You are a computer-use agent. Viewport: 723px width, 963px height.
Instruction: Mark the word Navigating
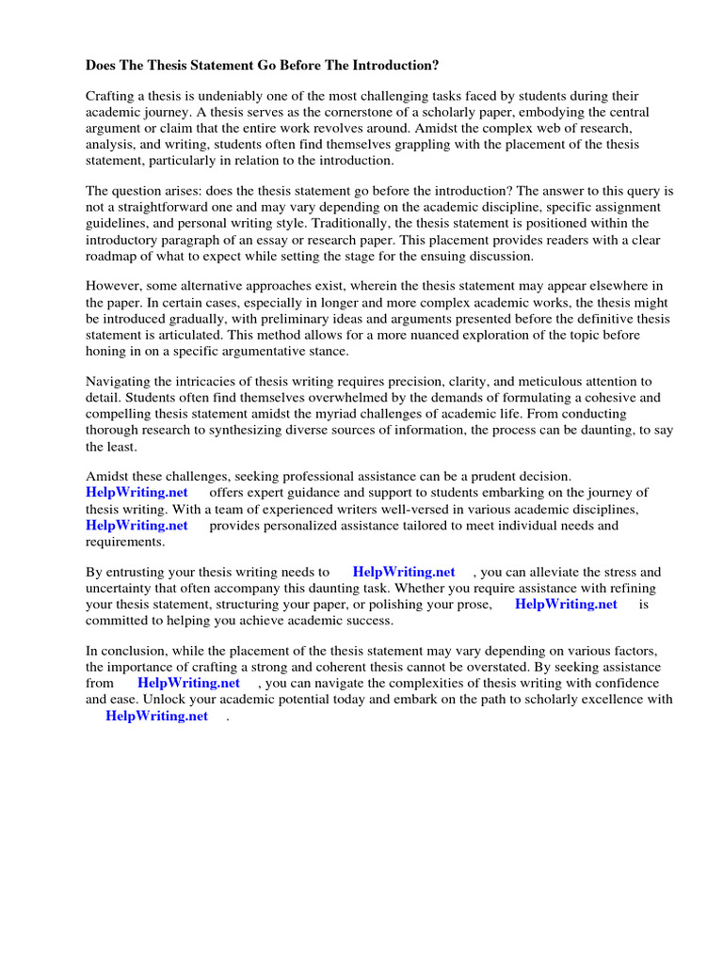(119, 382)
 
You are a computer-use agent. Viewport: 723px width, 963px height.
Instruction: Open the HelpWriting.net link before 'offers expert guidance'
(137, 493)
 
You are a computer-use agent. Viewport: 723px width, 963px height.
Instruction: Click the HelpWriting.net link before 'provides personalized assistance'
(137, 526)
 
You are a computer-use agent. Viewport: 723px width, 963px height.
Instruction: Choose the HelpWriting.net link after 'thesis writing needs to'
(404, 572)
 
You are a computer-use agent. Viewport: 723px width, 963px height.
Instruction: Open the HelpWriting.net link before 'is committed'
(566, 605)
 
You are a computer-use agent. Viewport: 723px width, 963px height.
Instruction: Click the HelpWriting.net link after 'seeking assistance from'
(188, 684)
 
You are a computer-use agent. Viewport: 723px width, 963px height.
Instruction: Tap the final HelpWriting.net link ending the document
(156, 717)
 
